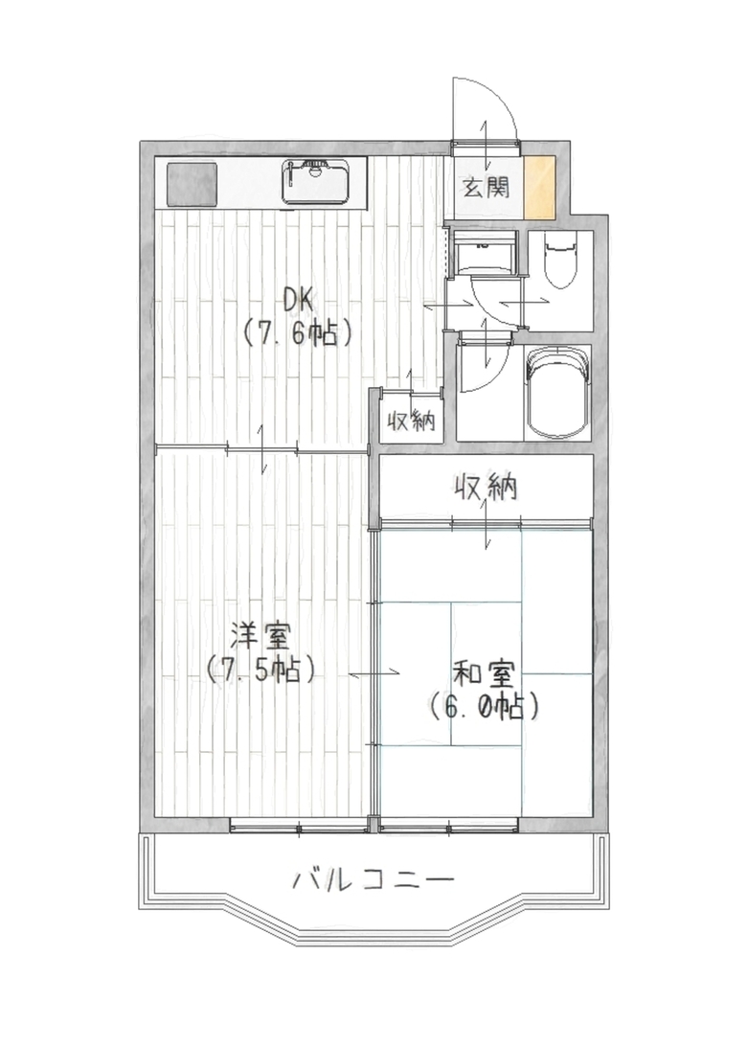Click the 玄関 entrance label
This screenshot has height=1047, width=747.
pos(487,187)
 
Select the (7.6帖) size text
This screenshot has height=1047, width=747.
pos(298,331)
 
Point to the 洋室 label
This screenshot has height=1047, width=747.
pos(260,635)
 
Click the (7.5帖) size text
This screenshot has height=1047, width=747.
pos(260,669)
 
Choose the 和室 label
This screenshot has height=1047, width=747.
pos(484,675)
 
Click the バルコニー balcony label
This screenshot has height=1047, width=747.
pos(373,879)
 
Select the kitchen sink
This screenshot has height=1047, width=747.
pos(315,181)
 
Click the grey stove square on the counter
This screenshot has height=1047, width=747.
pos(192,184)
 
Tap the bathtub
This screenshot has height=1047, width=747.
pos(558,394)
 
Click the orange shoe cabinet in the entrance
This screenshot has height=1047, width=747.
pos(539,187)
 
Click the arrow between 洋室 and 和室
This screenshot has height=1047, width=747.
pos(373,673)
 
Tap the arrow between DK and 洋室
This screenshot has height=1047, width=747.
pos(263,448)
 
